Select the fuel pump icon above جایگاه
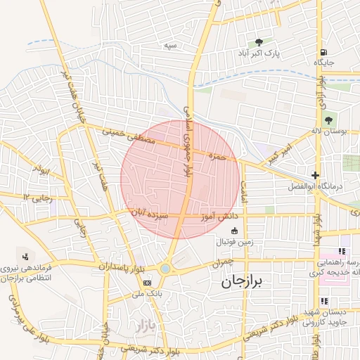tap(323, 52)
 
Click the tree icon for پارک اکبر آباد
tap(259, 43)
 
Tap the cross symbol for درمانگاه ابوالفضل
tap(316, 175)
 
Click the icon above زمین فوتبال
tap(234, 231)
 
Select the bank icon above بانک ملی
tap(147, 282)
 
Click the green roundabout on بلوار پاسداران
tap(165, 268)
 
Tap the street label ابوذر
tap(42, 170)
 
